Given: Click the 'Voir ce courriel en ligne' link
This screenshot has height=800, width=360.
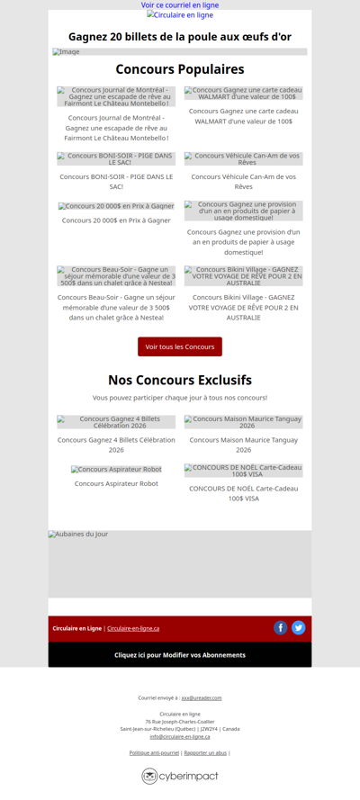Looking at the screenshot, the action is point(180,5).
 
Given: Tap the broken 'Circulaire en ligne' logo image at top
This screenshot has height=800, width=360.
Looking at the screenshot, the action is point(180,15).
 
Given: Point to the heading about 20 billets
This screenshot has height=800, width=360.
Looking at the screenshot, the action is point(180,37).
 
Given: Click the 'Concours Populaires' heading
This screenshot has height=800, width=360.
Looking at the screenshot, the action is point(180,69).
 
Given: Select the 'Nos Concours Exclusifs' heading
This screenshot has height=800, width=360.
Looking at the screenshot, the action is point(180,380).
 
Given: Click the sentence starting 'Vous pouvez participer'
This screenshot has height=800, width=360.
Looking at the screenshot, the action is point(180,398).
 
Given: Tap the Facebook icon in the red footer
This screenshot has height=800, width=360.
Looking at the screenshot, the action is point(281,628).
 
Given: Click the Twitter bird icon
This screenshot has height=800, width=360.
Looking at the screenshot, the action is point(299,628).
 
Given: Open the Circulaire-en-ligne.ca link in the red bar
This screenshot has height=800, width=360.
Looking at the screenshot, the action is point(133,628).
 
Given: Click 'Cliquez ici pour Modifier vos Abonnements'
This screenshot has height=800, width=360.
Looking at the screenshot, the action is point(180,655).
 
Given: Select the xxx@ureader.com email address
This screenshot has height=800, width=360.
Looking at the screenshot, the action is point(202,697).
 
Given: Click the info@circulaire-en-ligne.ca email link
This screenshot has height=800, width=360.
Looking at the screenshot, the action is point(180,736).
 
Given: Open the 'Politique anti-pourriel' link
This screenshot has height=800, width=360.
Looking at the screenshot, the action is point(154,752).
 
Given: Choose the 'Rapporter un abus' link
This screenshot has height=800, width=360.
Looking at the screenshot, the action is point(205,752).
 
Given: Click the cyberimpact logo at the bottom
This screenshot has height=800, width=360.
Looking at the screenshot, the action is point(180,776).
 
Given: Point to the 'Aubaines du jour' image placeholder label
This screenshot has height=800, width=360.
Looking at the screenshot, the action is point(78,535).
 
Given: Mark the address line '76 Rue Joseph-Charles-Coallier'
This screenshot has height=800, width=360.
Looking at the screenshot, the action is point(180,721).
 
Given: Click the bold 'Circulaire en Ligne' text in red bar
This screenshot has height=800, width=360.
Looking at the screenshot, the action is point(76,628).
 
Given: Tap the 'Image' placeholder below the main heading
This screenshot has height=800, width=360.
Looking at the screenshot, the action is point(67,52).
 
